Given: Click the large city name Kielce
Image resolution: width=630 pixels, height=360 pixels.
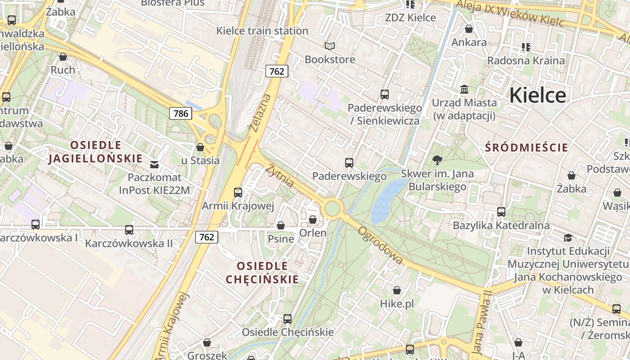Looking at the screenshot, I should tap(538, 95).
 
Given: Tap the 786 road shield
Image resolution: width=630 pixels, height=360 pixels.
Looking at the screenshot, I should tap(180, 113).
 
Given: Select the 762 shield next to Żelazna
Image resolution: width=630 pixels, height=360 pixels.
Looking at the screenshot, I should tap(276, 71).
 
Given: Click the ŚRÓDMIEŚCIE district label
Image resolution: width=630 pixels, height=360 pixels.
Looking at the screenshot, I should tap(526, 147).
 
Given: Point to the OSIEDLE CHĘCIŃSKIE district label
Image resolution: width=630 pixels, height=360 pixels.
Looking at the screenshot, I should tap(262, 272).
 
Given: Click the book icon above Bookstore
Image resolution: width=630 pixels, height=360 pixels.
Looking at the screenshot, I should tap(330, 46).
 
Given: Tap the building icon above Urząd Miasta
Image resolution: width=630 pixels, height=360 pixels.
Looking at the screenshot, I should tap(464, 89).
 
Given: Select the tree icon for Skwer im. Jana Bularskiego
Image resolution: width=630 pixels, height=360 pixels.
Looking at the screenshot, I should tap(437, 160).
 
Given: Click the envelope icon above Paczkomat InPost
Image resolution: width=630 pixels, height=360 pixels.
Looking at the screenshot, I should tap(155, 164).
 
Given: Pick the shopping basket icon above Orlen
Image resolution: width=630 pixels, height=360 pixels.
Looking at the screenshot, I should tap(312, 220).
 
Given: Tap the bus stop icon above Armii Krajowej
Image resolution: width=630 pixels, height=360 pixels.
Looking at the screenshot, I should tap(238, 193).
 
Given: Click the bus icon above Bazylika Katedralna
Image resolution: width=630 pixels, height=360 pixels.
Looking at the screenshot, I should tap(501, 211).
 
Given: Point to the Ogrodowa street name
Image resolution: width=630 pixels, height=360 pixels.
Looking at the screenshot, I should tap(380, 245).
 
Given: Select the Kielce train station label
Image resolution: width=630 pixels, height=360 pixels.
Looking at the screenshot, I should tap(262, 31).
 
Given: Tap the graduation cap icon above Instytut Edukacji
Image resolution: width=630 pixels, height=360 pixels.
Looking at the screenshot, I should tap(568, 237).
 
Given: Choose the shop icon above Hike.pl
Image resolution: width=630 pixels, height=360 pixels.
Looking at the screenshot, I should tap(397, 290).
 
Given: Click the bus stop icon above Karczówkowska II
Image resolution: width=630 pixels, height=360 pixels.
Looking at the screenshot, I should tap(129, 230).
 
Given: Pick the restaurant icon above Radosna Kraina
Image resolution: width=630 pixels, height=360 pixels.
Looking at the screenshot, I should tap(526, 47).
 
